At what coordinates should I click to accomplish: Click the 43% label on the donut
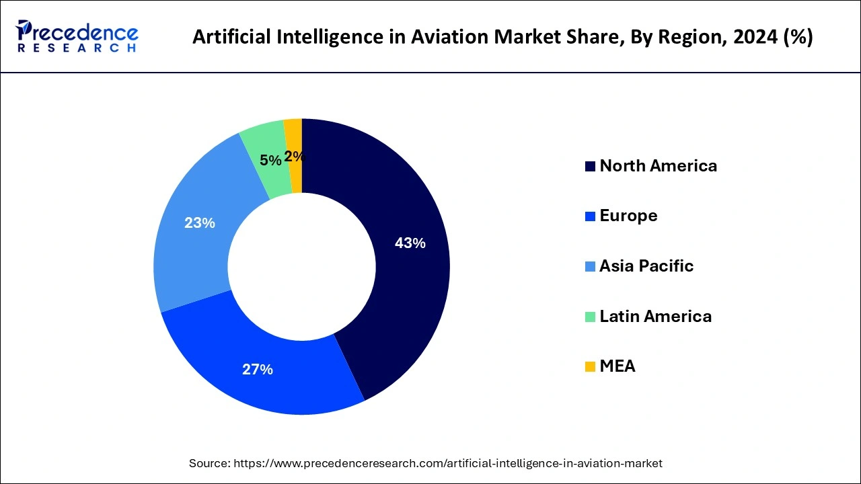click(410, 243)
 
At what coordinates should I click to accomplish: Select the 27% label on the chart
click(257, 369)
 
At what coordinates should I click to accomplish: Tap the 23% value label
click(199, 223)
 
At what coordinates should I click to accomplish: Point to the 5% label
click(270, 160)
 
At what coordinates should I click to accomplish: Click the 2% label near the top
click(294, 157)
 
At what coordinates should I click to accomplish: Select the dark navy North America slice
click(410, 289)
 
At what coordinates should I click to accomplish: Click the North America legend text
click(658, 166)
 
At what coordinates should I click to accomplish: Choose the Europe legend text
click(628, 216)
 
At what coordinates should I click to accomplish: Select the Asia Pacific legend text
click(646, 266)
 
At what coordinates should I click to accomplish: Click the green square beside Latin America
click(590, 317)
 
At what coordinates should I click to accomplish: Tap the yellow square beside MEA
click(590, 366)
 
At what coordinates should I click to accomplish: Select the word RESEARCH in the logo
click(77, 48)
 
